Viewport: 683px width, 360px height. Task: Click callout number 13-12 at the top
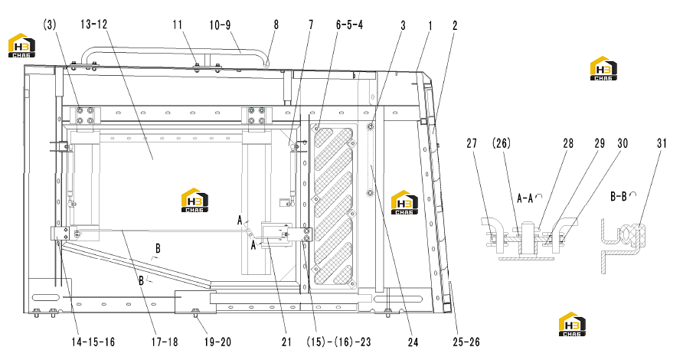[93, 25]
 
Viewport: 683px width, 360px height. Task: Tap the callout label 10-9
[220, 25]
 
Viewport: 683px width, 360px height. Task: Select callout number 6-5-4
[349, 25]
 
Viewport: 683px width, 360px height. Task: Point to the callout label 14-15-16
[93, 342]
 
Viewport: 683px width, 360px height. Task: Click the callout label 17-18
[165, 342]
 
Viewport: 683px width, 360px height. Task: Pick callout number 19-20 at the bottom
[217, 342]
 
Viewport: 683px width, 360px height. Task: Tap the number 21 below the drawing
[286, 342]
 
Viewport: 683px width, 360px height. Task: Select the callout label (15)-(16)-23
[339, 342]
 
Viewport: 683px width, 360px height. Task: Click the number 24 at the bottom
[413, 342]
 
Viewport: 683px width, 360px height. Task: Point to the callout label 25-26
[466, 342]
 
